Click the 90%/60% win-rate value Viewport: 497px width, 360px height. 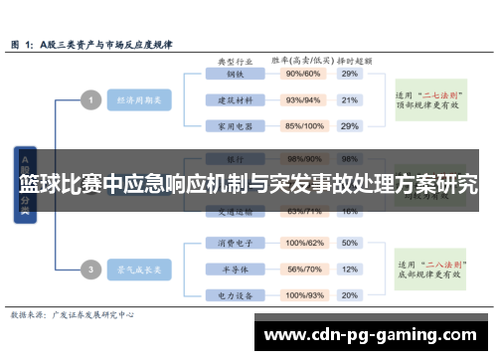click(304, 74)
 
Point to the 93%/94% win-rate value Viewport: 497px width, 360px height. click(304, 99)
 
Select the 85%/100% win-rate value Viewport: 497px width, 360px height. click(304, 126)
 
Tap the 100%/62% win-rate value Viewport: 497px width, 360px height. click(304, 243)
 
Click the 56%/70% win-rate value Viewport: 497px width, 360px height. click(304, 270)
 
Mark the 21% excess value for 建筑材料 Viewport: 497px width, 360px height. click(349, 99)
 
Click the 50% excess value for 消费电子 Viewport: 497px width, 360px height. click(349, 243)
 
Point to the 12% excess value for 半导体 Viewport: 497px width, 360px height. click(349, 270)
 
